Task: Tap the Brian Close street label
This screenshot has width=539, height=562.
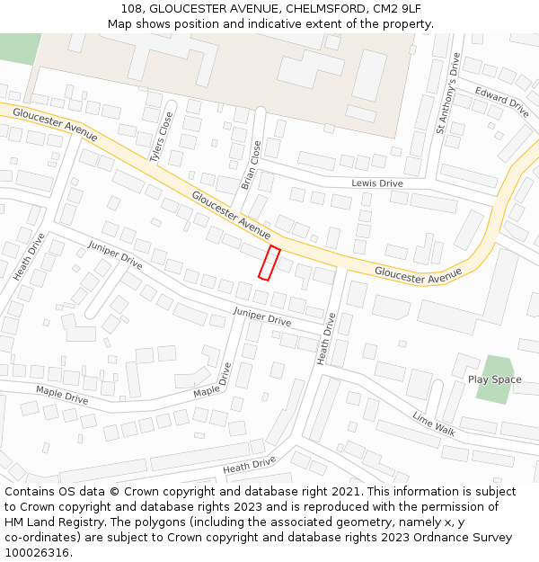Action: point(252,165)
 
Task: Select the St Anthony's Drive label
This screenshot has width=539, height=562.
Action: point(447,94)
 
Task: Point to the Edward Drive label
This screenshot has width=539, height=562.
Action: point(502,102)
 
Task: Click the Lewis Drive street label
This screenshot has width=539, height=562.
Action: point(376,183)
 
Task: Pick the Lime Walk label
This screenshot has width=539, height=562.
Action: point(434,424)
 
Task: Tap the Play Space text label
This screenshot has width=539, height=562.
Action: point(494,379)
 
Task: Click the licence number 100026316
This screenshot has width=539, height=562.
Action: point(38,553)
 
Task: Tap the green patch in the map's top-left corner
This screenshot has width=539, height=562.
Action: point(18,48)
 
